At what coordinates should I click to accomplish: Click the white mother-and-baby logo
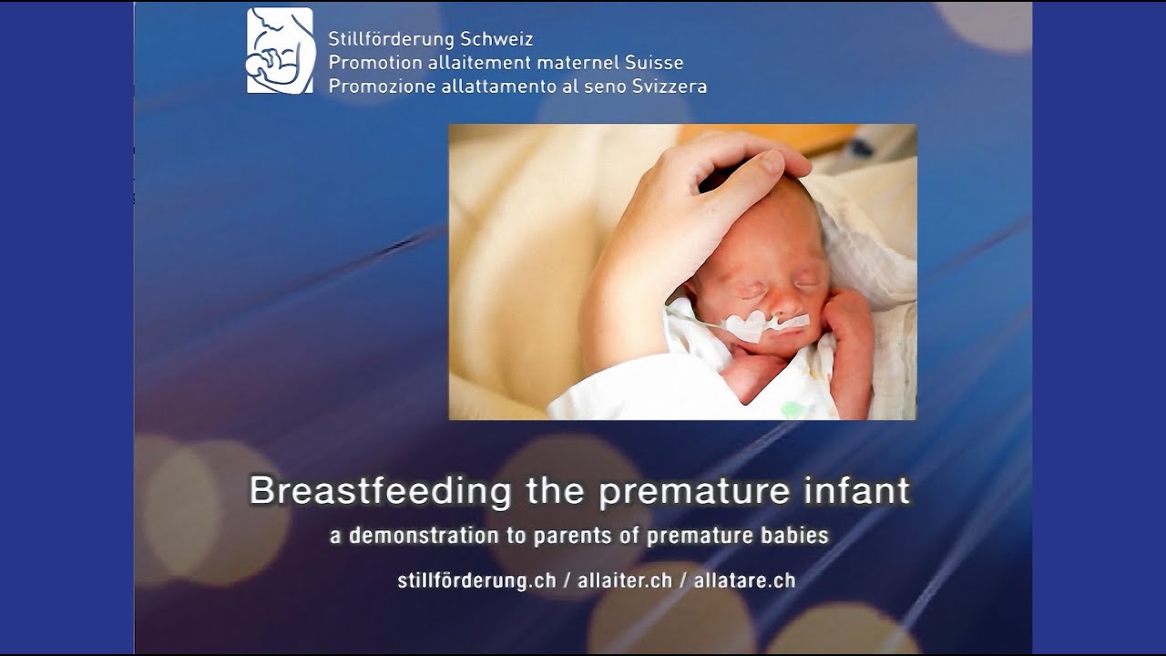coord(280,51)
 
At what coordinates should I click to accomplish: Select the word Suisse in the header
coord(654,63)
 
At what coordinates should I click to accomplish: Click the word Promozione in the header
coord(373,87)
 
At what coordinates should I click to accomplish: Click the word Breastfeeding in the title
coord(380,490)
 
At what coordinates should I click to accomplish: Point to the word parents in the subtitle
coord(580,536)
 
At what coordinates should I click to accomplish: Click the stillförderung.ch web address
coord(476,580)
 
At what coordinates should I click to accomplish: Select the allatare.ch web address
coord(744,580)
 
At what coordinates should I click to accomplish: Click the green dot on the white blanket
coord(793,409)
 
